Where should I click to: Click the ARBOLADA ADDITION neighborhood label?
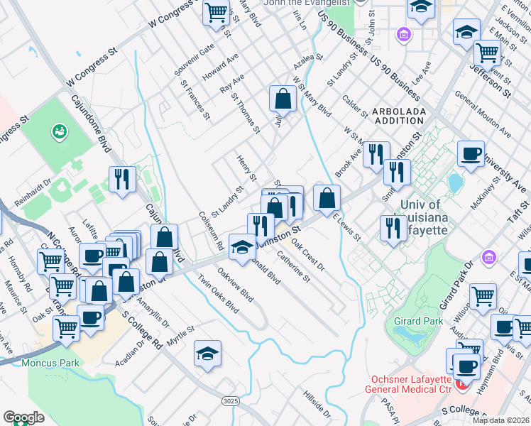click(x=399, y=116)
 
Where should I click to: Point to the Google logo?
click(x=23, y=417)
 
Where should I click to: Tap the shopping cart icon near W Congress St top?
click(x=217, y=12)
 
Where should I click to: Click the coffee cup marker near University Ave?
click(x=471, y=154)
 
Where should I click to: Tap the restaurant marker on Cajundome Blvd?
click(x=122, y=179)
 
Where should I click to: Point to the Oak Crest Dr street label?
click(x=308, y=257)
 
